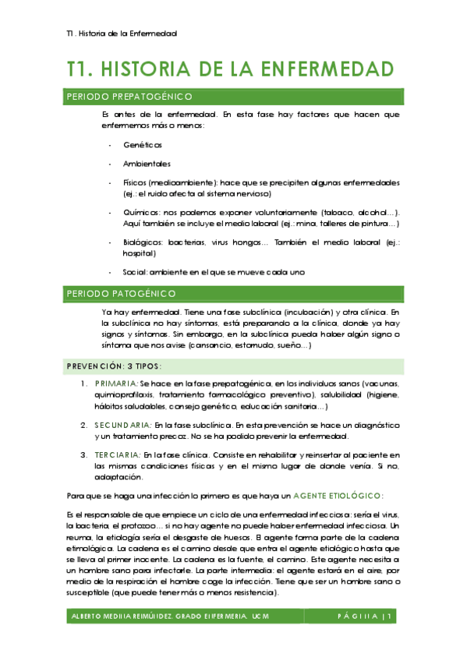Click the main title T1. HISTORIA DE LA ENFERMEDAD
230,69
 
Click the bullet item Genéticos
143,145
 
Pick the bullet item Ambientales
147,164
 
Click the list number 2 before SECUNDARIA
84,425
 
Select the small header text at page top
122,34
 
